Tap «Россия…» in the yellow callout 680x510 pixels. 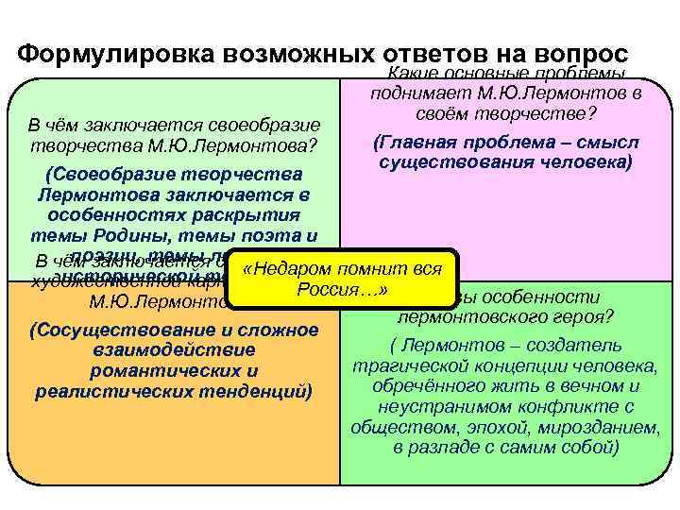343,288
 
